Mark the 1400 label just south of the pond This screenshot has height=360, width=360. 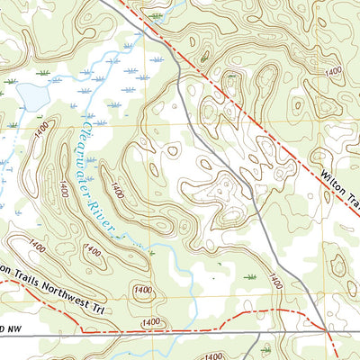click(x=39, y=132)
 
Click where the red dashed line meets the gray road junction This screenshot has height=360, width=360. click(x=325, y=329)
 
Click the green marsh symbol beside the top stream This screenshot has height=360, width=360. click(x=157, y=16)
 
